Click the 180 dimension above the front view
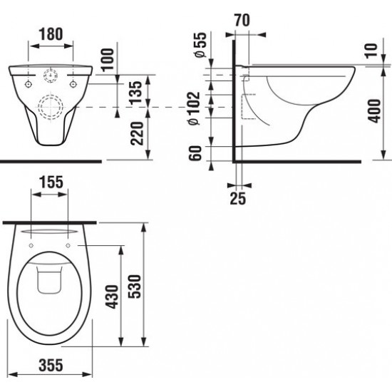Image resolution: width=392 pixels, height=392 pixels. point(51,33)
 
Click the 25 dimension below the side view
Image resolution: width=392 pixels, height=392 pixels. point(237,197)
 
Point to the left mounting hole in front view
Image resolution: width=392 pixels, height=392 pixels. point(28,83)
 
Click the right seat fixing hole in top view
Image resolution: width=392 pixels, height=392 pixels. point(68,244)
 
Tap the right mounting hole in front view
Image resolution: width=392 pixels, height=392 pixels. point(75,83)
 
